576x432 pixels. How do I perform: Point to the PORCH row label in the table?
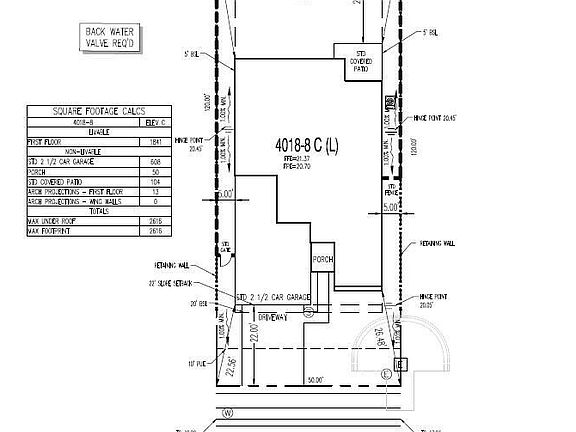(40, 172)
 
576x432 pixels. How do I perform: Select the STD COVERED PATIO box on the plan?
(353, 59)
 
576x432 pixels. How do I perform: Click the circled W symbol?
(229, 411)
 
